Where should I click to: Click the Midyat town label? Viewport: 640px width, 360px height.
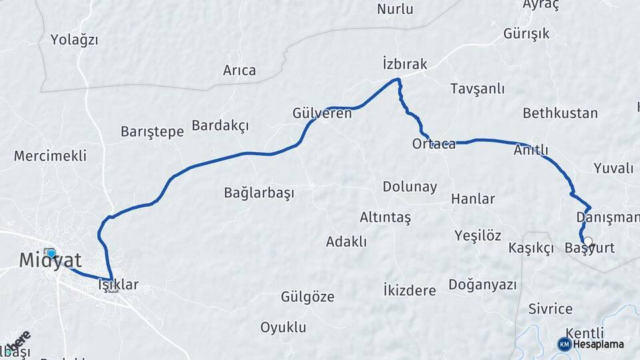pos(50,261)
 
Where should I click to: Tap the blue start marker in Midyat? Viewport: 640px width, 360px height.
pos(51,254)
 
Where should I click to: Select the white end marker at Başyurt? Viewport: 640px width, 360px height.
pos(588,242)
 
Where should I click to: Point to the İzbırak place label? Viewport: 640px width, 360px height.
pos(405,63)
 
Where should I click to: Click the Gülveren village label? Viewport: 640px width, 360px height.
pos(322,113)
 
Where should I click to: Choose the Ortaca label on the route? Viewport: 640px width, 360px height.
pos(433,144)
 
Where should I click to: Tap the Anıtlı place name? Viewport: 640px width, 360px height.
pos(531,150)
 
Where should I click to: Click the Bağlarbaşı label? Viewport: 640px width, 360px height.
pos(259,193)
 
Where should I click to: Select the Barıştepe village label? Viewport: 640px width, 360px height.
pos(152,131)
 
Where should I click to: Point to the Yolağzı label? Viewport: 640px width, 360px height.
pos(74,40)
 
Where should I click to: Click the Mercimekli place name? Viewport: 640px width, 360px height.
pos(50,156)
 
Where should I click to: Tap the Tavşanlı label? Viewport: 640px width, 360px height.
pos(477,89)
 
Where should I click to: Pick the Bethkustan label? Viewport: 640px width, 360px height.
pos(560,113)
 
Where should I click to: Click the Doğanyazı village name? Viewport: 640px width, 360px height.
pos(483,285)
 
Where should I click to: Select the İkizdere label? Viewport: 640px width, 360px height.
pos(409,290)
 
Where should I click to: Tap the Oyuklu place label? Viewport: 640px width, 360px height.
pos(283,327)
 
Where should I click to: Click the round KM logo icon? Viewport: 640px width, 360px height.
pos(564,344)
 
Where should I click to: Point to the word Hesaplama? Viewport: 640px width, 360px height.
pos(599,345)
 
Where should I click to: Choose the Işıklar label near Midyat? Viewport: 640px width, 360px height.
pos(118,285)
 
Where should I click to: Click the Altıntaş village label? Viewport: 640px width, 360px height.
pos(385,217)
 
